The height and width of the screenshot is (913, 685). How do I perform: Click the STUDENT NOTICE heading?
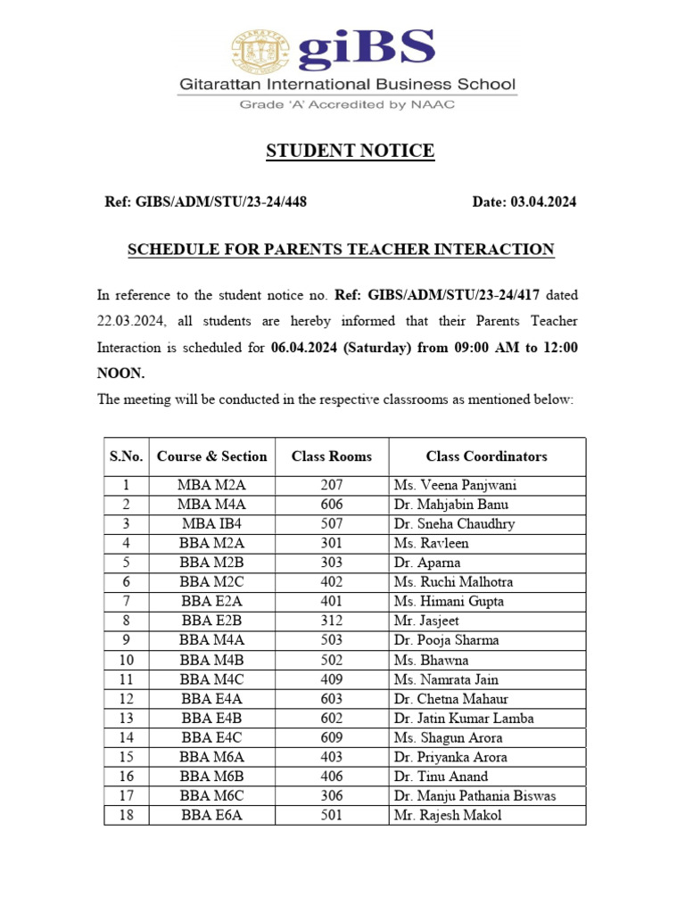point(351,151)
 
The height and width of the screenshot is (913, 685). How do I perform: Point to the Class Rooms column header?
point(332,456)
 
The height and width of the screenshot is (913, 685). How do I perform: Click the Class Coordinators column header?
point(486,456)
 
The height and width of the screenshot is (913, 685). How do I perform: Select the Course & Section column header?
point(212,456)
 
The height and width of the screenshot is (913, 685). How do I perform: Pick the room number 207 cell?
point(332,486)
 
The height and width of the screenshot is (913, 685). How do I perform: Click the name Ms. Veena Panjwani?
point(455,486)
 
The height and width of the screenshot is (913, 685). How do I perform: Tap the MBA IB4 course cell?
point(212,524)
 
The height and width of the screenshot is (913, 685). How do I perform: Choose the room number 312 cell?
point(332,621)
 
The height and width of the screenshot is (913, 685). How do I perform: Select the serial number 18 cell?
point(127,816)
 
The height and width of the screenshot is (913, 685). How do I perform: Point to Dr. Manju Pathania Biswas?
point(475,796)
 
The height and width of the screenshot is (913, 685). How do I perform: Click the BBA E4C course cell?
point(212,738)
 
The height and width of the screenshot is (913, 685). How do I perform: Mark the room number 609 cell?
point(332,738)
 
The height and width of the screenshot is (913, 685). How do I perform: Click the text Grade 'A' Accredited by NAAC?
point(346,104)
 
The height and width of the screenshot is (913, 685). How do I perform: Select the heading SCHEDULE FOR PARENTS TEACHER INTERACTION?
point(342,250)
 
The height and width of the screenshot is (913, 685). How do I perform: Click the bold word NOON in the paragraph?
point(120,374)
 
